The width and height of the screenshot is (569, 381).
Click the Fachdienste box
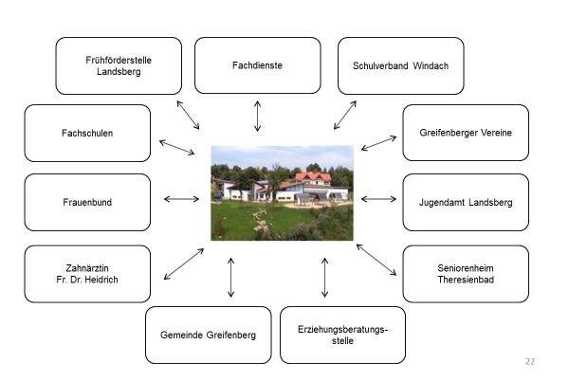(x=257, y=65)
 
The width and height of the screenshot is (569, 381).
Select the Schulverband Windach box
(x=400, y=65)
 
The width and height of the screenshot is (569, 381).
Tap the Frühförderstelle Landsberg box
(x=119, y=65)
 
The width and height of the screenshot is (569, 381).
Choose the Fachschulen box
(x=87, y=133)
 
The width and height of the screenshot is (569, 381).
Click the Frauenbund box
(x=87, y=202)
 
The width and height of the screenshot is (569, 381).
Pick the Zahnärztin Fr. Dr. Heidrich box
(x=87, y=273)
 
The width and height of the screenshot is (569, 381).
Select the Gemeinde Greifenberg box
(x=208, y=335)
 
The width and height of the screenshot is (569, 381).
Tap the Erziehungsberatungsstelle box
(x=342, y=335)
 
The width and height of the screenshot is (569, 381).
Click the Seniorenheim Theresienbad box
(x=466, y=273)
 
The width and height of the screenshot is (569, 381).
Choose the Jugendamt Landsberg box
(x=466, y=202)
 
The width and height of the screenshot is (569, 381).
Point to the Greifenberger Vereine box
(x=466, y=133)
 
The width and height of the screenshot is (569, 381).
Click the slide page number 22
(x=530, y=361)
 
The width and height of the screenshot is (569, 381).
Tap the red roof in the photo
(x=313, y=176)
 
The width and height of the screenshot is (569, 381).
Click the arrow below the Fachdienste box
(x=257, y=115)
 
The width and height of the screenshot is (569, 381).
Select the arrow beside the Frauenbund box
(x=181, y=199)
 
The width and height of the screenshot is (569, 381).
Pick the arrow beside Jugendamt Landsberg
(x=378, y=199)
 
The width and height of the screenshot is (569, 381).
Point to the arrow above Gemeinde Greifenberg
(x=231, y=277)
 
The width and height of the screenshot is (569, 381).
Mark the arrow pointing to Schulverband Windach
(x=344, y=115)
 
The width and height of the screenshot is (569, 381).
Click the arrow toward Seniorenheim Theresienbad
(x=376, y=259)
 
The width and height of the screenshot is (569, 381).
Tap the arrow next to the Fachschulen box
(x=176, y=147)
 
